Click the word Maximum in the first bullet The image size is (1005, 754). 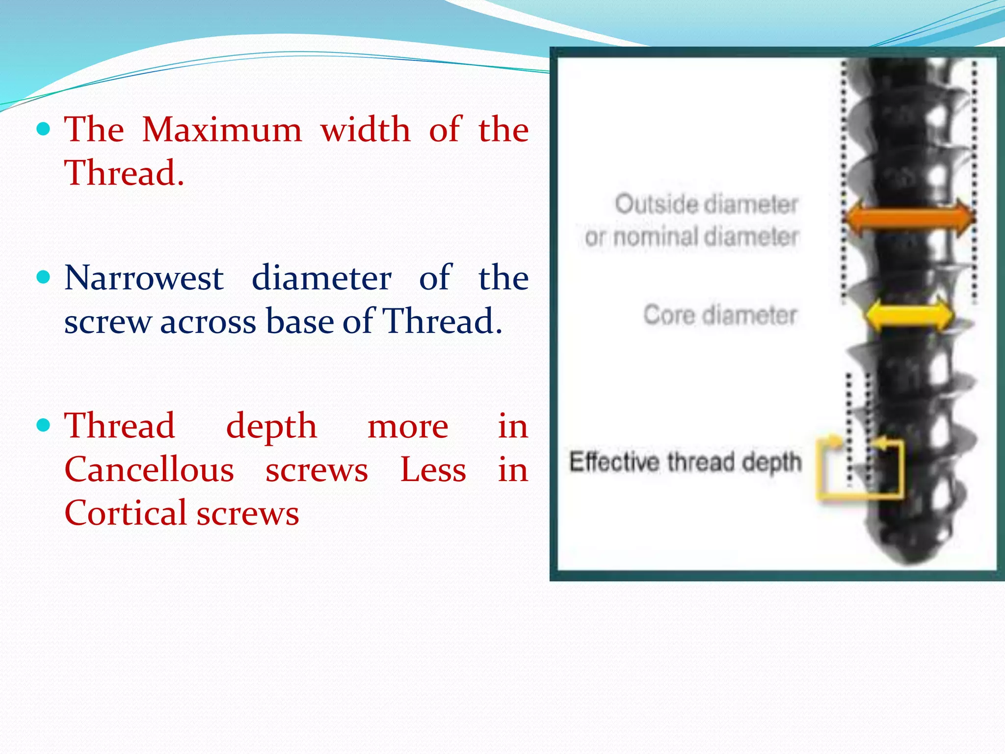click(222, 130)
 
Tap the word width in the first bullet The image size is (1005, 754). click(365, 130)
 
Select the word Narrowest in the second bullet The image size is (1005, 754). click(144, 278)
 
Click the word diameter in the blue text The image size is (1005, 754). click(321, 278)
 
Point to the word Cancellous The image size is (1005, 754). click(149, 470)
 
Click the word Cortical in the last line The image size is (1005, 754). click(125, 513)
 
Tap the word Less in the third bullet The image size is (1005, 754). click(433, 470)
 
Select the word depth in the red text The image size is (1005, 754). click(271, 426)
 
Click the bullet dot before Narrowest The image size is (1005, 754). click(44, 277)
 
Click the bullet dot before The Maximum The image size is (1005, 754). click(44, 129)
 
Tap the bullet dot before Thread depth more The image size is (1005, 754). click(44, 425)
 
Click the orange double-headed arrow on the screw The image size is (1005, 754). click(909, 217)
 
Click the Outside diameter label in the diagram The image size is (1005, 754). click(706, 204)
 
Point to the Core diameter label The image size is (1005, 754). click(720, 315)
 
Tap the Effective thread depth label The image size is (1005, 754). click(685, 462)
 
